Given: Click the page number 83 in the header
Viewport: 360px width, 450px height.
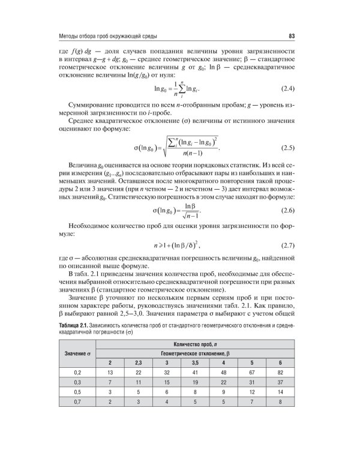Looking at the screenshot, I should pos(291,34).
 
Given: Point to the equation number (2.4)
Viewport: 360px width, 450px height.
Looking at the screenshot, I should pos(285,89).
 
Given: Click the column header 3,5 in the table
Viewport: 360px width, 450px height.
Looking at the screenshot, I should pos(194,363).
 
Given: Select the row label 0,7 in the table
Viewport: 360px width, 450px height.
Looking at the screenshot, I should pos(77,401).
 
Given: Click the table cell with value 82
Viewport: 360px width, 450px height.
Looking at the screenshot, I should pos(280,373).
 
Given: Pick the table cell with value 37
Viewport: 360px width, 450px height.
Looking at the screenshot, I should pos(280,382).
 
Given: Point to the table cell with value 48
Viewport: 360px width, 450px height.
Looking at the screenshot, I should pos(223,373).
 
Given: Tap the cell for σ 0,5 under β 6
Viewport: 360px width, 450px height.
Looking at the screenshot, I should pos(280,392).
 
